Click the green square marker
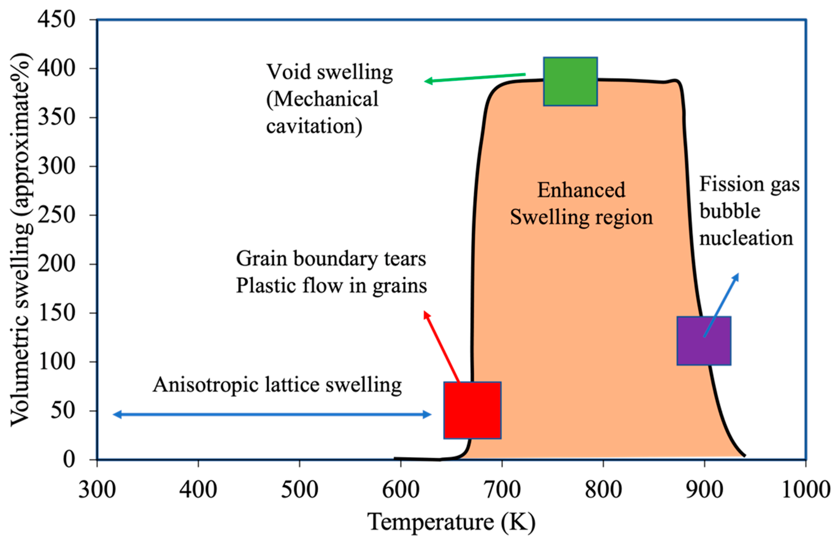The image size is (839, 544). [x=570, y=81]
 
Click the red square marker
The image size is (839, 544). [x=472, y=410]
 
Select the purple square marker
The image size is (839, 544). [x=704, y=341]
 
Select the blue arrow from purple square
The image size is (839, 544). [x=721, y=305]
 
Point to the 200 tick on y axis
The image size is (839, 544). [x=56, y=264]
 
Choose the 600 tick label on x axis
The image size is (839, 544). [x=401, y=490]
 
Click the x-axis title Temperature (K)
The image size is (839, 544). [x=451, y=522]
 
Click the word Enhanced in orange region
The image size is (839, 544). [x=581, y=190]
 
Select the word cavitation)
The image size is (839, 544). [x=314, y=126]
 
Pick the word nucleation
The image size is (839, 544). [x=746, y=238]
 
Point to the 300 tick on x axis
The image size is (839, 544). [x=97, y=490]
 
